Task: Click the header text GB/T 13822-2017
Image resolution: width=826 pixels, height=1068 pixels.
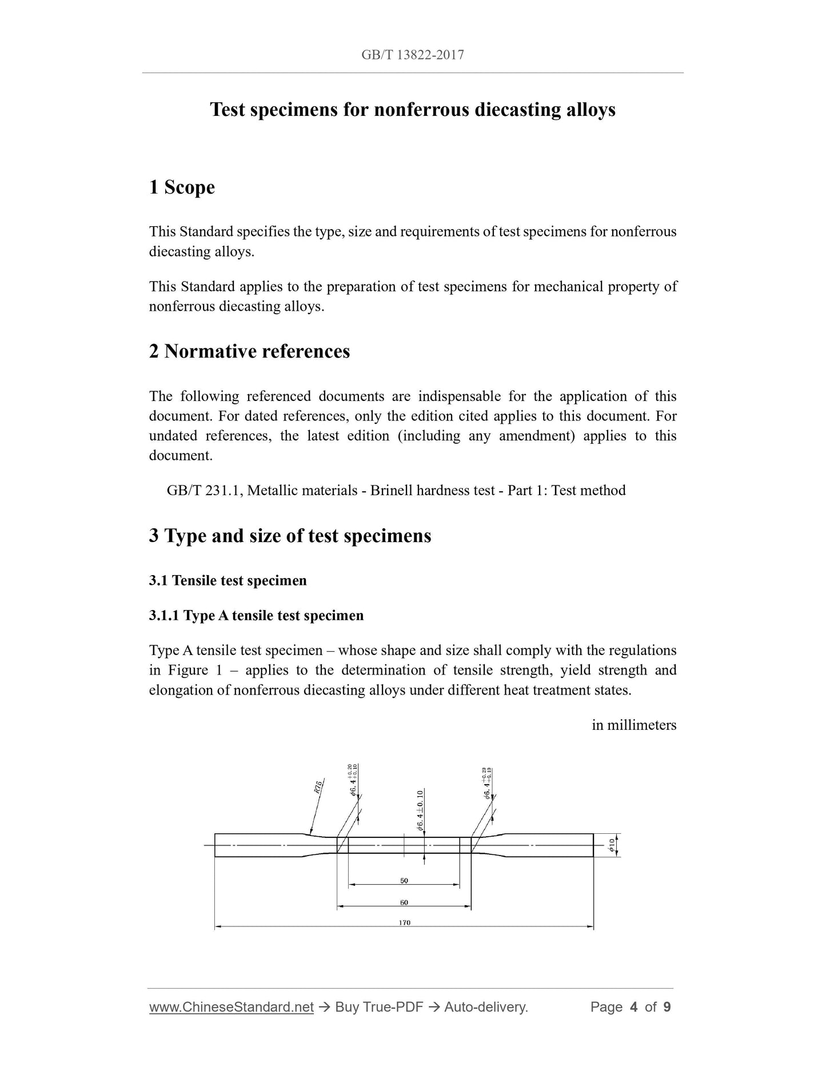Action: pos(412,55)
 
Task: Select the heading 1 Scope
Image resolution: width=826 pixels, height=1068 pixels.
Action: pos(182,187)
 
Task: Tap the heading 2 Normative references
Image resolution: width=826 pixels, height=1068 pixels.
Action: pos(249,351)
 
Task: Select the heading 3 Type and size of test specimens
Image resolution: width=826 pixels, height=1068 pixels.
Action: pos(290,536)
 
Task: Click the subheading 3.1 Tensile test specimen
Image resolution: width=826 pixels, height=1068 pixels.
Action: pos(228,581)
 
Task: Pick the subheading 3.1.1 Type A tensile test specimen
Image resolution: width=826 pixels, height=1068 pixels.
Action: pos(256,616)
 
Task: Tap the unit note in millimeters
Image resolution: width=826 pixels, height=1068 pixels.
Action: pos(634,725)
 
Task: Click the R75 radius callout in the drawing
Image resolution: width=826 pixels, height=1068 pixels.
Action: pos(318,787)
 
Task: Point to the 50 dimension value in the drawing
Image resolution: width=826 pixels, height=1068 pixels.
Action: pos(404,881)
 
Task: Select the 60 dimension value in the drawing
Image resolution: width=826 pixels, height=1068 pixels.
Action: pos(404,903)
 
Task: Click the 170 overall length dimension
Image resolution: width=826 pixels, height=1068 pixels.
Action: pos(404,922)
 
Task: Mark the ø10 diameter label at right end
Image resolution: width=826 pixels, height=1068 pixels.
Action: pos(612,846)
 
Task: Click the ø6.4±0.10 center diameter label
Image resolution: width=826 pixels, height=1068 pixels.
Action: pos(420,810)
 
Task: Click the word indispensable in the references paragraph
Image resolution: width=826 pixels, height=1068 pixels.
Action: pos(460,396)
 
